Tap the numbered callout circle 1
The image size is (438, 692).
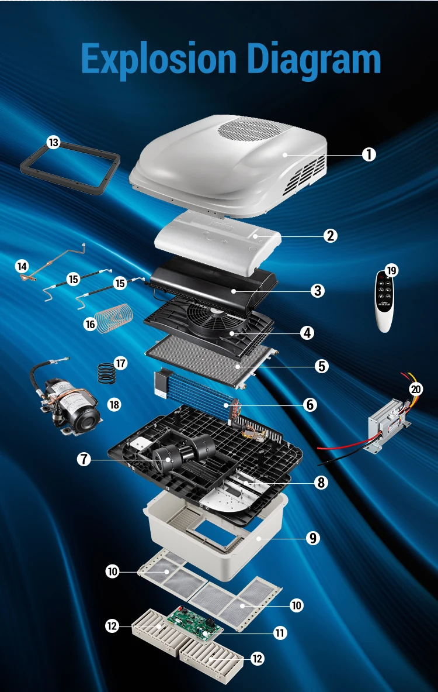pos(369,154)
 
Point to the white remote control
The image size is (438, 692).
pos(384,301)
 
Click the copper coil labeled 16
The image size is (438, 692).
pos(114,318)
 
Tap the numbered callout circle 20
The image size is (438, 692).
pos(416,389)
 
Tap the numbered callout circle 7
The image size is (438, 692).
pos(84,459)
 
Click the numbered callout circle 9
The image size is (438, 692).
pos(313,538)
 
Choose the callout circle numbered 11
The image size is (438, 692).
pos(280,633)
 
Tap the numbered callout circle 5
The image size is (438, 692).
pos(322,366)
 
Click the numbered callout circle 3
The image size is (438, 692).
pos(317,290)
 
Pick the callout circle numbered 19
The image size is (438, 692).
pos(391,270)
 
